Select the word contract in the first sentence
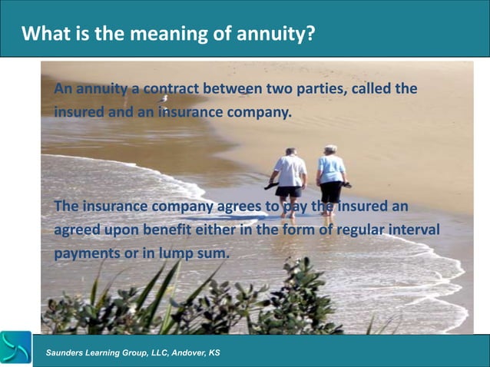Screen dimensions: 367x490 169,91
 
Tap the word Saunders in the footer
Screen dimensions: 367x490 68,352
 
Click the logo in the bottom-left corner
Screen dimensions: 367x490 15,349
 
